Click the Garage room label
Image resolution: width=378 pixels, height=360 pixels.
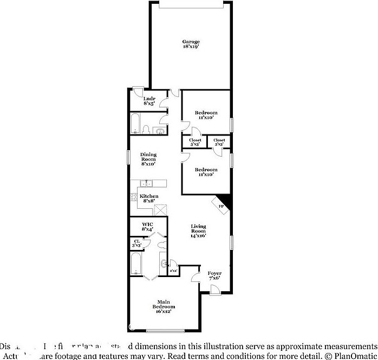tap(191, 44)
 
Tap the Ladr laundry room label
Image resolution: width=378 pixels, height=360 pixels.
tap(149, 101)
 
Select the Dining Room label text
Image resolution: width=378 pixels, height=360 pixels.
tap(148, 159)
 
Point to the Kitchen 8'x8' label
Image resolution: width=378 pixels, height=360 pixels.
tap(149, 198)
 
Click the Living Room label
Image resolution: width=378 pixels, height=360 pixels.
tap(198, 230)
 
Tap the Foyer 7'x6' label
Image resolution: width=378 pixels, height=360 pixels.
tap(214, 275)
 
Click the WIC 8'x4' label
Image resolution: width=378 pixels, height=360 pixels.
tap(148, 227)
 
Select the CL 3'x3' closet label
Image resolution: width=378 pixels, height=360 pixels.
tap(136, 243)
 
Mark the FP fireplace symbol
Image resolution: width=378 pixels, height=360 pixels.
tap(222, 205)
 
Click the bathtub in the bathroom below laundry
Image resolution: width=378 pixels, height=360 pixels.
tap(135, 123)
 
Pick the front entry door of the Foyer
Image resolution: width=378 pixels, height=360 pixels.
tap(215, 291)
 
